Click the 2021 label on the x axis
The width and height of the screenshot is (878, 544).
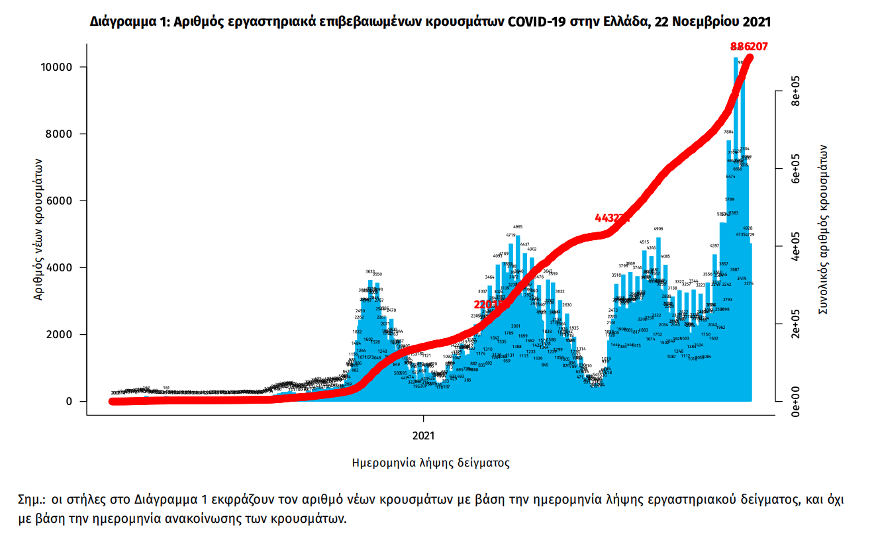point(423,435)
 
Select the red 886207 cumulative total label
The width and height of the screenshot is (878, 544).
point(749,46)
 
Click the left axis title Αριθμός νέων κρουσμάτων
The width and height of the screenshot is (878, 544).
point(39,228)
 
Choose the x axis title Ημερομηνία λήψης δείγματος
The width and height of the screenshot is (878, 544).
point(430,463)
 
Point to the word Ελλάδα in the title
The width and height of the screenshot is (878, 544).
point(624,22)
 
